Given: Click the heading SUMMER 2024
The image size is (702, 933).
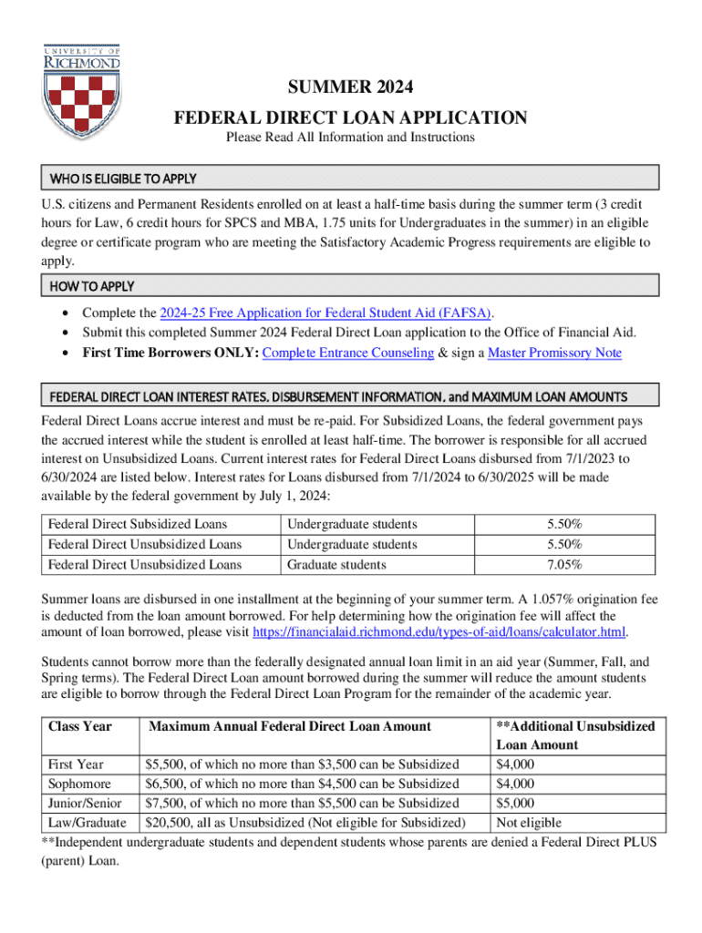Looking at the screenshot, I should pos(351,88).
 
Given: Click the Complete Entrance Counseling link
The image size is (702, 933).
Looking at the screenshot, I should pos(347,353).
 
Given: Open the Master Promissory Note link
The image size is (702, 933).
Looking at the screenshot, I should pos(554,353).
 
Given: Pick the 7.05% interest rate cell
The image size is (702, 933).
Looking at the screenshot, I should pos(564,565).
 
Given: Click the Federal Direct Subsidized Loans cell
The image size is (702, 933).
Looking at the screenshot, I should pos(138,524).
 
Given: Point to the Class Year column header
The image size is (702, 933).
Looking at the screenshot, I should pos(79,726).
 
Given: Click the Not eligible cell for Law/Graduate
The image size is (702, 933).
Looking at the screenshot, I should pos(529,822).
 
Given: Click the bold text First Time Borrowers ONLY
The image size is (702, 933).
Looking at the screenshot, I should pos(170,353).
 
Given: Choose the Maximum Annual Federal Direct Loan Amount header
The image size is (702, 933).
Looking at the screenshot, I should pos(290,726).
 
